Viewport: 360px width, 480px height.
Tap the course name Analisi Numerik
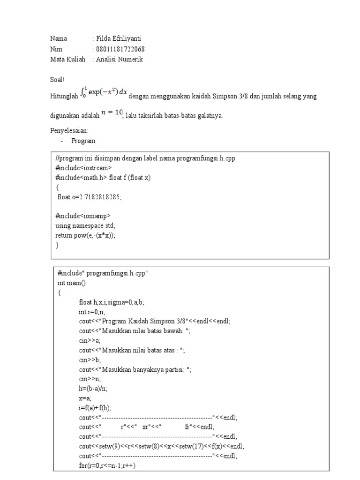point(120,60)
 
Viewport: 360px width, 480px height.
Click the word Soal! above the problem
point(58,80)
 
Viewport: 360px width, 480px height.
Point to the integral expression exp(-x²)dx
point(104,93)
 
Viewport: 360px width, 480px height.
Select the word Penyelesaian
point(68,131)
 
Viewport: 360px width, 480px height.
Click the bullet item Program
point(83,141)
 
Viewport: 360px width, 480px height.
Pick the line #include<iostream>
point(83,168)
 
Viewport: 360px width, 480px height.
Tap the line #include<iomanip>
point(82,216)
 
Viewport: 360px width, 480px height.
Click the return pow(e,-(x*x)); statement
point(85,235)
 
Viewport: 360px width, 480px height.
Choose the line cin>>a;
point(90,341)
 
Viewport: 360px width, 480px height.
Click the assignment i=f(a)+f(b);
point(95,408)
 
